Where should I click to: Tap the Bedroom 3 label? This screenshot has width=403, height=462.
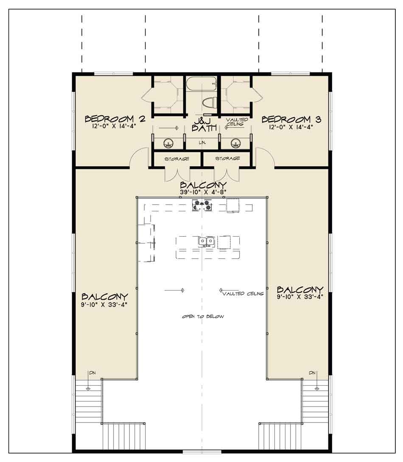[x=291, y=119]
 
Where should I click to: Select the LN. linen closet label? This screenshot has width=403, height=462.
[x=202, y=143]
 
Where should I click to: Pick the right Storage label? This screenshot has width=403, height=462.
[x=227, y=159]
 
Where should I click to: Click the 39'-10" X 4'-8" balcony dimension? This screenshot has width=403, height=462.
[x=203, y=192]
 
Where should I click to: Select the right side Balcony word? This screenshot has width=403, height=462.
[x=300, y=290]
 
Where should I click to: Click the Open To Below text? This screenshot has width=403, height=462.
[x=203, y=317]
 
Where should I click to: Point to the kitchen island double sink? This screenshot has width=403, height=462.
[x=207, y=242]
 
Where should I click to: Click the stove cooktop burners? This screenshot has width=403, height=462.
[x=202, y=206]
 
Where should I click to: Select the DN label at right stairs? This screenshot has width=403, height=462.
[x=313, y=373]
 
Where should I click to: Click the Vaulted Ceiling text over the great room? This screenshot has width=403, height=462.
[x=243, y=293]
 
